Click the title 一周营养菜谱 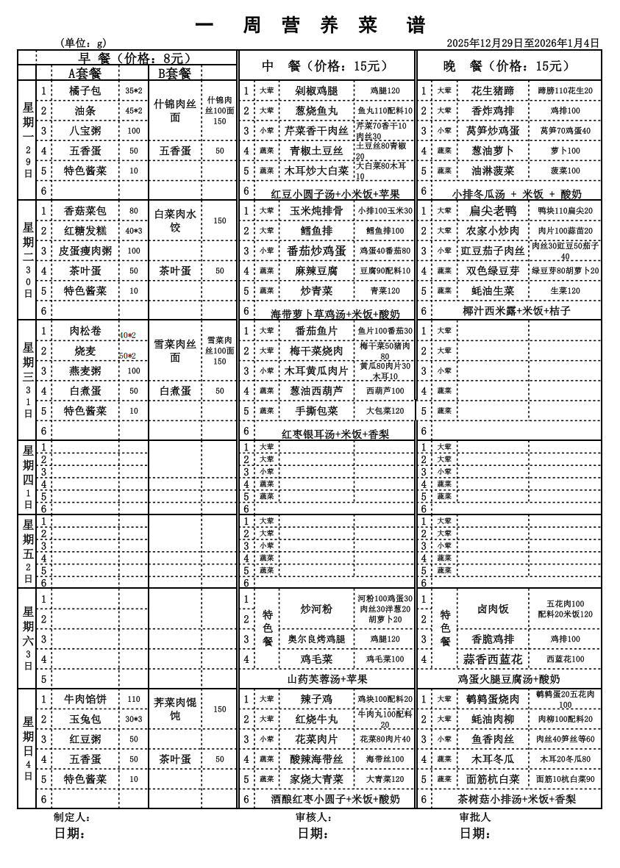tap(312, 25)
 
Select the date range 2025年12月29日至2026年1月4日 tap(523, 43)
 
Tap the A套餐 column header tap(85, 73)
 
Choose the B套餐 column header tap(174, 73)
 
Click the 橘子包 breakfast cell tap(85, 91)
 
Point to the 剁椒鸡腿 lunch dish tap(316, 91)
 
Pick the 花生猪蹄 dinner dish tap(492, 91)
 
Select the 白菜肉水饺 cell tap(175, 220)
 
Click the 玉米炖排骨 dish tap(316, 211)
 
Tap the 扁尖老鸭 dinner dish tap(492, 211)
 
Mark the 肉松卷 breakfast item tap(85, 331)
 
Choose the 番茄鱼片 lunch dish tap(316, 331)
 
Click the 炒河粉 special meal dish tap(316, 609)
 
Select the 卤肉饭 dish tap(492, 609)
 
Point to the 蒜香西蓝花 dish tap(492, 659)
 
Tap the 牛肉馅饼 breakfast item tap(85, 700)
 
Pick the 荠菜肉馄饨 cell tap(175, 709)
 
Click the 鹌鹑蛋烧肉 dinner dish tap(492, 700)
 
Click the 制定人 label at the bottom tap(71, 817)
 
